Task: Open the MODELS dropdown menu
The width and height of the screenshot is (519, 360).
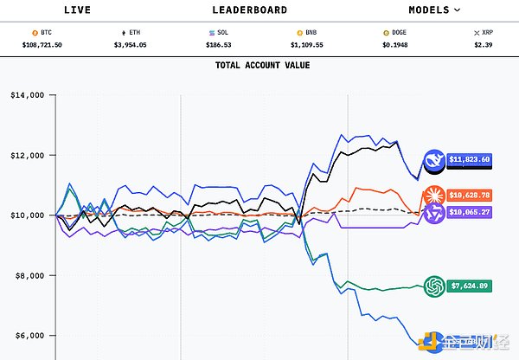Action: tap(434, 10)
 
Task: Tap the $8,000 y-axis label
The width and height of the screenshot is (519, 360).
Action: tap(28, 275)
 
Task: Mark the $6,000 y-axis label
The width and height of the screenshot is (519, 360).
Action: tap(28, 335)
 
